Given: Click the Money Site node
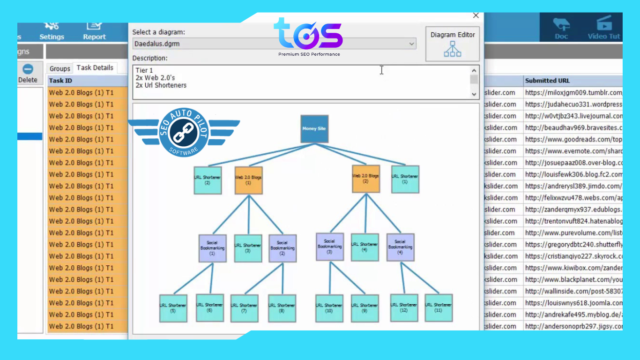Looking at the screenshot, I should tap(314, 129).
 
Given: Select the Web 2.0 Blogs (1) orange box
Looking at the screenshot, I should tap(248, 180).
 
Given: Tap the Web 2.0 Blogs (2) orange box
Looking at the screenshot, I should tap(365, 179).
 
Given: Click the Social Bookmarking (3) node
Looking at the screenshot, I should tap(329, 247).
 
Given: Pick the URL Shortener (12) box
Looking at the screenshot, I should tap(404, 307).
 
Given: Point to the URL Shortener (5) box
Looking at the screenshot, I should tap(173, 308).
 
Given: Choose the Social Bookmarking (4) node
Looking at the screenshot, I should tap(400, 247).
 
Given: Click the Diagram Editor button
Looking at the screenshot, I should tap(452, 44).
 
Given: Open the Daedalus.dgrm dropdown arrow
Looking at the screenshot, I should tap(412, 44).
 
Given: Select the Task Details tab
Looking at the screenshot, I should tap(95, 68).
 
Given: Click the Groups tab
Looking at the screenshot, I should tap(60, 69).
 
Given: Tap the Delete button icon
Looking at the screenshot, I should tap(28, 69).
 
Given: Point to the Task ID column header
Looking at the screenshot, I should tap(60, 81).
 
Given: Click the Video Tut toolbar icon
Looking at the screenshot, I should tap(604, 28).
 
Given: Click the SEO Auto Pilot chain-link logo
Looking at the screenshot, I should tap(184, 133).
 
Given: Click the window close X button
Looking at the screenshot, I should tap(476, 15).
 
